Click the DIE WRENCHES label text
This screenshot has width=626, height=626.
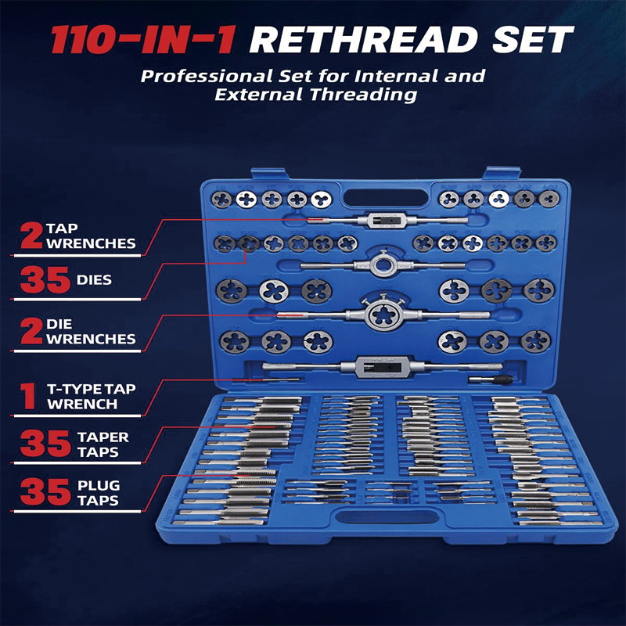[91, 332]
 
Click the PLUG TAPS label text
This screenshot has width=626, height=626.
[97, 493]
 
